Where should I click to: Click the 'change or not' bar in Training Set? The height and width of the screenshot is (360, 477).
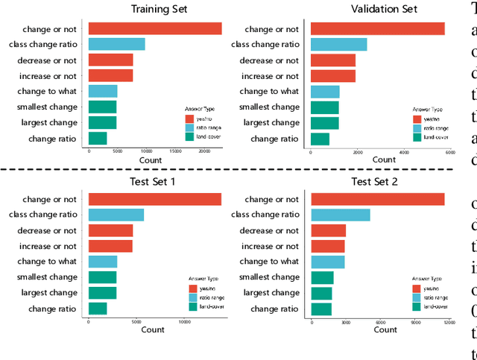click(155, 28)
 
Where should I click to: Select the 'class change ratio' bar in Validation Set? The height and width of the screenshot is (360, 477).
click(338, 44)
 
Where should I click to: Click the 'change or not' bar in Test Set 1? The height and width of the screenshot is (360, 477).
click(155, 199)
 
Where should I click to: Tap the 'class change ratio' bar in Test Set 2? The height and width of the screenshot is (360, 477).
click(341, 215)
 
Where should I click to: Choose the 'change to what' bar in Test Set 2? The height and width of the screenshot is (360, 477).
click(328, 262)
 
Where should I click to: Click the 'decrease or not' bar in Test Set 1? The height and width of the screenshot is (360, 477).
click(110, 230)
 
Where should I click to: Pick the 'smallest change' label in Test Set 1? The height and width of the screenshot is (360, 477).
click(45, 277)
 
